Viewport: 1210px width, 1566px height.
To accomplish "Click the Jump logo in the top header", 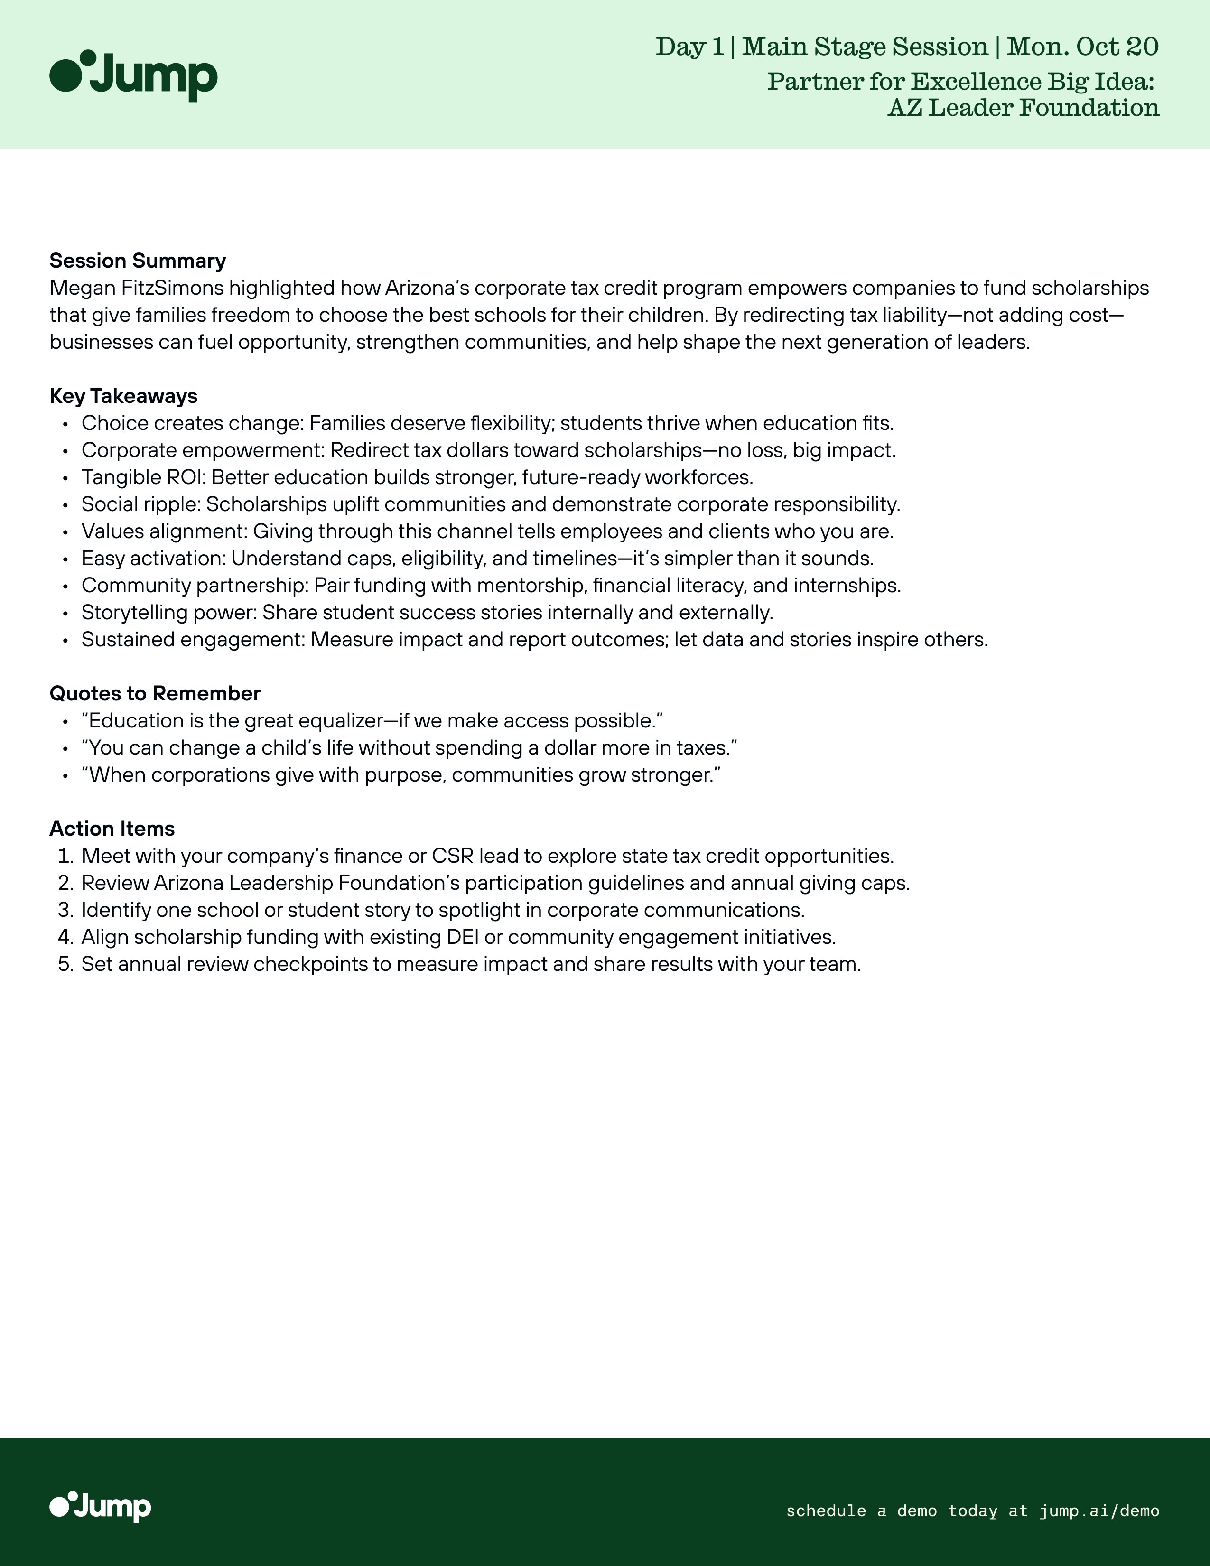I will click(x=133, y=75).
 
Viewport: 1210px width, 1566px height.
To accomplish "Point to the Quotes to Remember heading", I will click(x=155, y=693).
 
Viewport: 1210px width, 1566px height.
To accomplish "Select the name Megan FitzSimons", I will click(x=136, y=288).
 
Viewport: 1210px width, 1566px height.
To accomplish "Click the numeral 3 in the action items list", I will click(x=65, y=910).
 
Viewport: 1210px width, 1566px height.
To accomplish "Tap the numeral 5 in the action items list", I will click(x=65, y=964).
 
